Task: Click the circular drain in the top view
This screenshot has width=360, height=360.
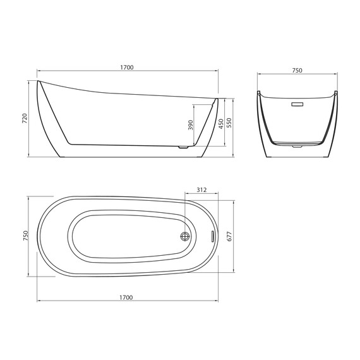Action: (185, 236)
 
